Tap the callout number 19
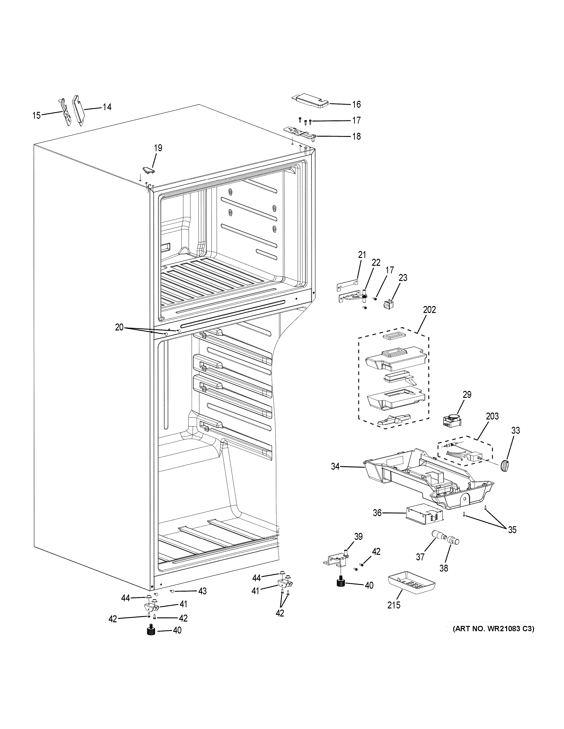(x=158, y=148)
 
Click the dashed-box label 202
(x=429, y=310)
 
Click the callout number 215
(x=394, y=605)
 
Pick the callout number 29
(x=467, y=395)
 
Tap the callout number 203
(x=492, y=416)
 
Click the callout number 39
(x=358, y=536)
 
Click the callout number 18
(x=356, y=136)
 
